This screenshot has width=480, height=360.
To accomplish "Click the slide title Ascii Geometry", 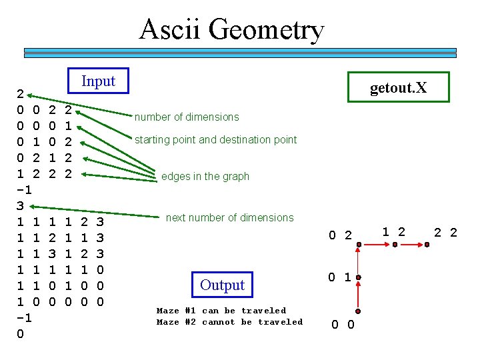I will [x=231, y=30].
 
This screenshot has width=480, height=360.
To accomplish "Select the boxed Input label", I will [x=98, y=81].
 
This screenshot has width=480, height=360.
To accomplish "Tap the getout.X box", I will [x=398, y=87].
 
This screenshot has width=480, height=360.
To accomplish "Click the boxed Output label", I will [x=222, y=285].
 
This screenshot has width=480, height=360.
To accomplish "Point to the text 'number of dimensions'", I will [x=187, y=117].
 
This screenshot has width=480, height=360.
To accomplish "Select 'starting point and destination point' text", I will [x=215, y=140].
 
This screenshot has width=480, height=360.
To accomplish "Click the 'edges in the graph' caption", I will [x=205, y=177].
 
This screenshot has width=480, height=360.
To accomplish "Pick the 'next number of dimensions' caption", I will [x=229, y=217].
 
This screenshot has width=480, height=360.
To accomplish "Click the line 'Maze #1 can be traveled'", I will [x=221, y=311].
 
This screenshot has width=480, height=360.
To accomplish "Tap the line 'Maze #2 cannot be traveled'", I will [x=229, y=322].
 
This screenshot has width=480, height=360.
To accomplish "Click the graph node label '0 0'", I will [x=343, y=325].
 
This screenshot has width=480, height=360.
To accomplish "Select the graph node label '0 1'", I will [x=339, y=277].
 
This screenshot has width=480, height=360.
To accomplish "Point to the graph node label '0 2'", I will [x=340, y=235].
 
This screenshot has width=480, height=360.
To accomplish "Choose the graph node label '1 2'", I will [x=393, y=231].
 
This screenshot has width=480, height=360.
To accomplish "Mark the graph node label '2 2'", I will [x=445, y=232].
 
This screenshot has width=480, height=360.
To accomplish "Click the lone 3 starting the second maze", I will [x=21, y=205].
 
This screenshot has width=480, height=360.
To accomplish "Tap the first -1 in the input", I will [x=25, y=189].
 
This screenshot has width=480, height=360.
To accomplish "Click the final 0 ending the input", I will [x=21, y=334].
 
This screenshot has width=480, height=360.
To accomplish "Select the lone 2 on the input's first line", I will [x=21, y=93].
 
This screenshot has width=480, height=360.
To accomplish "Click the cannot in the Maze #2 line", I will [x=218, y=322].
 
